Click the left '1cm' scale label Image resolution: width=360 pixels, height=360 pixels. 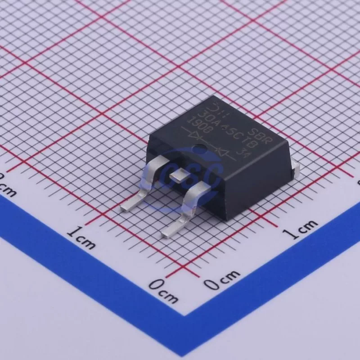click(x=81, y=238)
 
